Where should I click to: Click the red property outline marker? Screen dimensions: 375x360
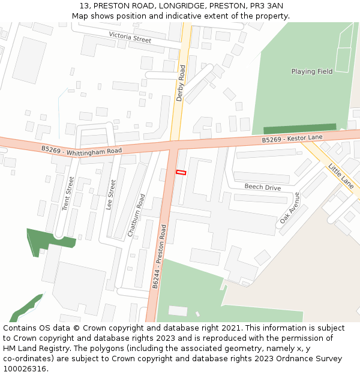[181, 173]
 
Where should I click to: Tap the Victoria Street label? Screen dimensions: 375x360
[130, 38]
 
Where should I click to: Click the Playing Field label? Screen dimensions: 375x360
[311, 71]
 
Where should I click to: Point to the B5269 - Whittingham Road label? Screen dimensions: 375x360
[82, 150]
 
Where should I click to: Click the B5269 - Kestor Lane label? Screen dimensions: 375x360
[292, 139]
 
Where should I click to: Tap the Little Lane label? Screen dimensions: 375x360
[340, 174]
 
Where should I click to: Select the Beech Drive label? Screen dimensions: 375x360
[262, 187]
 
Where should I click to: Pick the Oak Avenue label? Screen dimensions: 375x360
[289, 208]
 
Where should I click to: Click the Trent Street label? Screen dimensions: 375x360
[67, 193]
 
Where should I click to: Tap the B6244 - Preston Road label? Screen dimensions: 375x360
[159, 257]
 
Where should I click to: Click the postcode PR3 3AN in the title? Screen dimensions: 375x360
[266, 5]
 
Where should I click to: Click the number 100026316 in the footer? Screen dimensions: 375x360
[23, 368]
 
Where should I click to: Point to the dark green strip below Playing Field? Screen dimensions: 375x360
[300, 129]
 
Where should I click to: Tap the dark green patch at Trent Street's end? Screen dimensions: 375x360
[48, 240]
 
